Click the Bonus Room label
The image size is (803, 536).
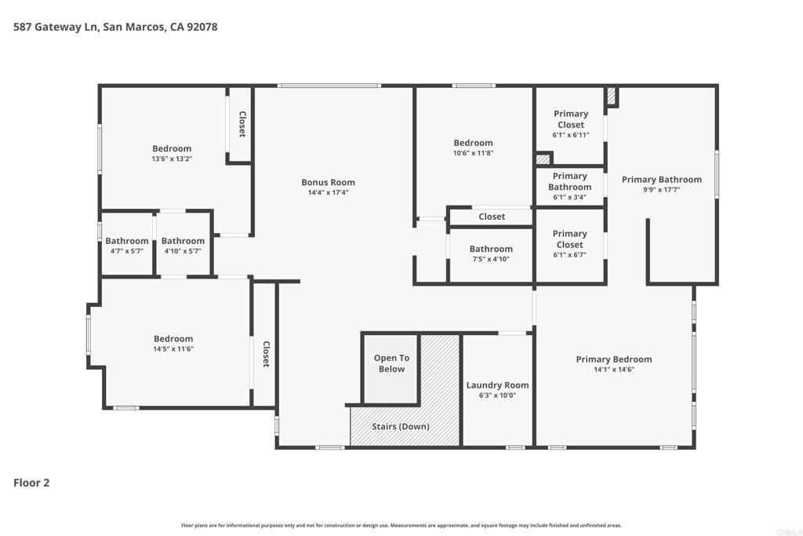coord(328,182)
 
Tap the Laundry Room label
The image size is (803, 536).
coord(497,385)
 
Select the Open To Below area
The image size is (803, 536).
coord(391,368)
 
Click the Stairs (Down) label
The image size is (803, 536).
coord(401,426)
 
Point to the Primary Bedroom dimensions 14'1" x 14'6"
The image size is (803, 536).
coord(614,369)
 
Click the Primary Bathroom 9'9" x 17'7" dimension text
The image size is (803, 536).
coord(662,189)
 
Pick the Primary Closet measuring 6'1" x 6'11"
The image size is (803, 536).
coord(571,123)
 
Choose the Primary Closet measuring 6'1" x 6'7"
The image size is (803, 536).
coord(569,244)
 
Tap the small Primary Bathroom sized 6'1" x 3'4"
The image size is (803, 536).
coord(569,186)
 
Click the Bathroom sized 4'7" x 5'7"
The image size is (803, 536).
coord(126,245)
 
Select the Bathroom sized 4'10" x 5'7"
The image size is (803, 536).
coord(183,245)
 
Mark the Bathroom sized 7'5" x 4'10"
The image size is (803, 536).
coord(491,253)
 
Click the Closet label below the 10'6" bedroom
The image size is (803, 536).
coord(492,217)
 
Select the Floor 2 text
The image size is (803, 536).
coord(31,483)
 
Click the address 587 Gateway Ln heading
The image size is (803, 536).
coord(115,27)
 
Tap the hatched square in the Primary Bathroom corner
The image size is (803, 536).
coord(612,96)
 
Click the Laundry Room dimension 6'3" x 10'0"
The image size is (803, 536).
coord(497,395)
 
